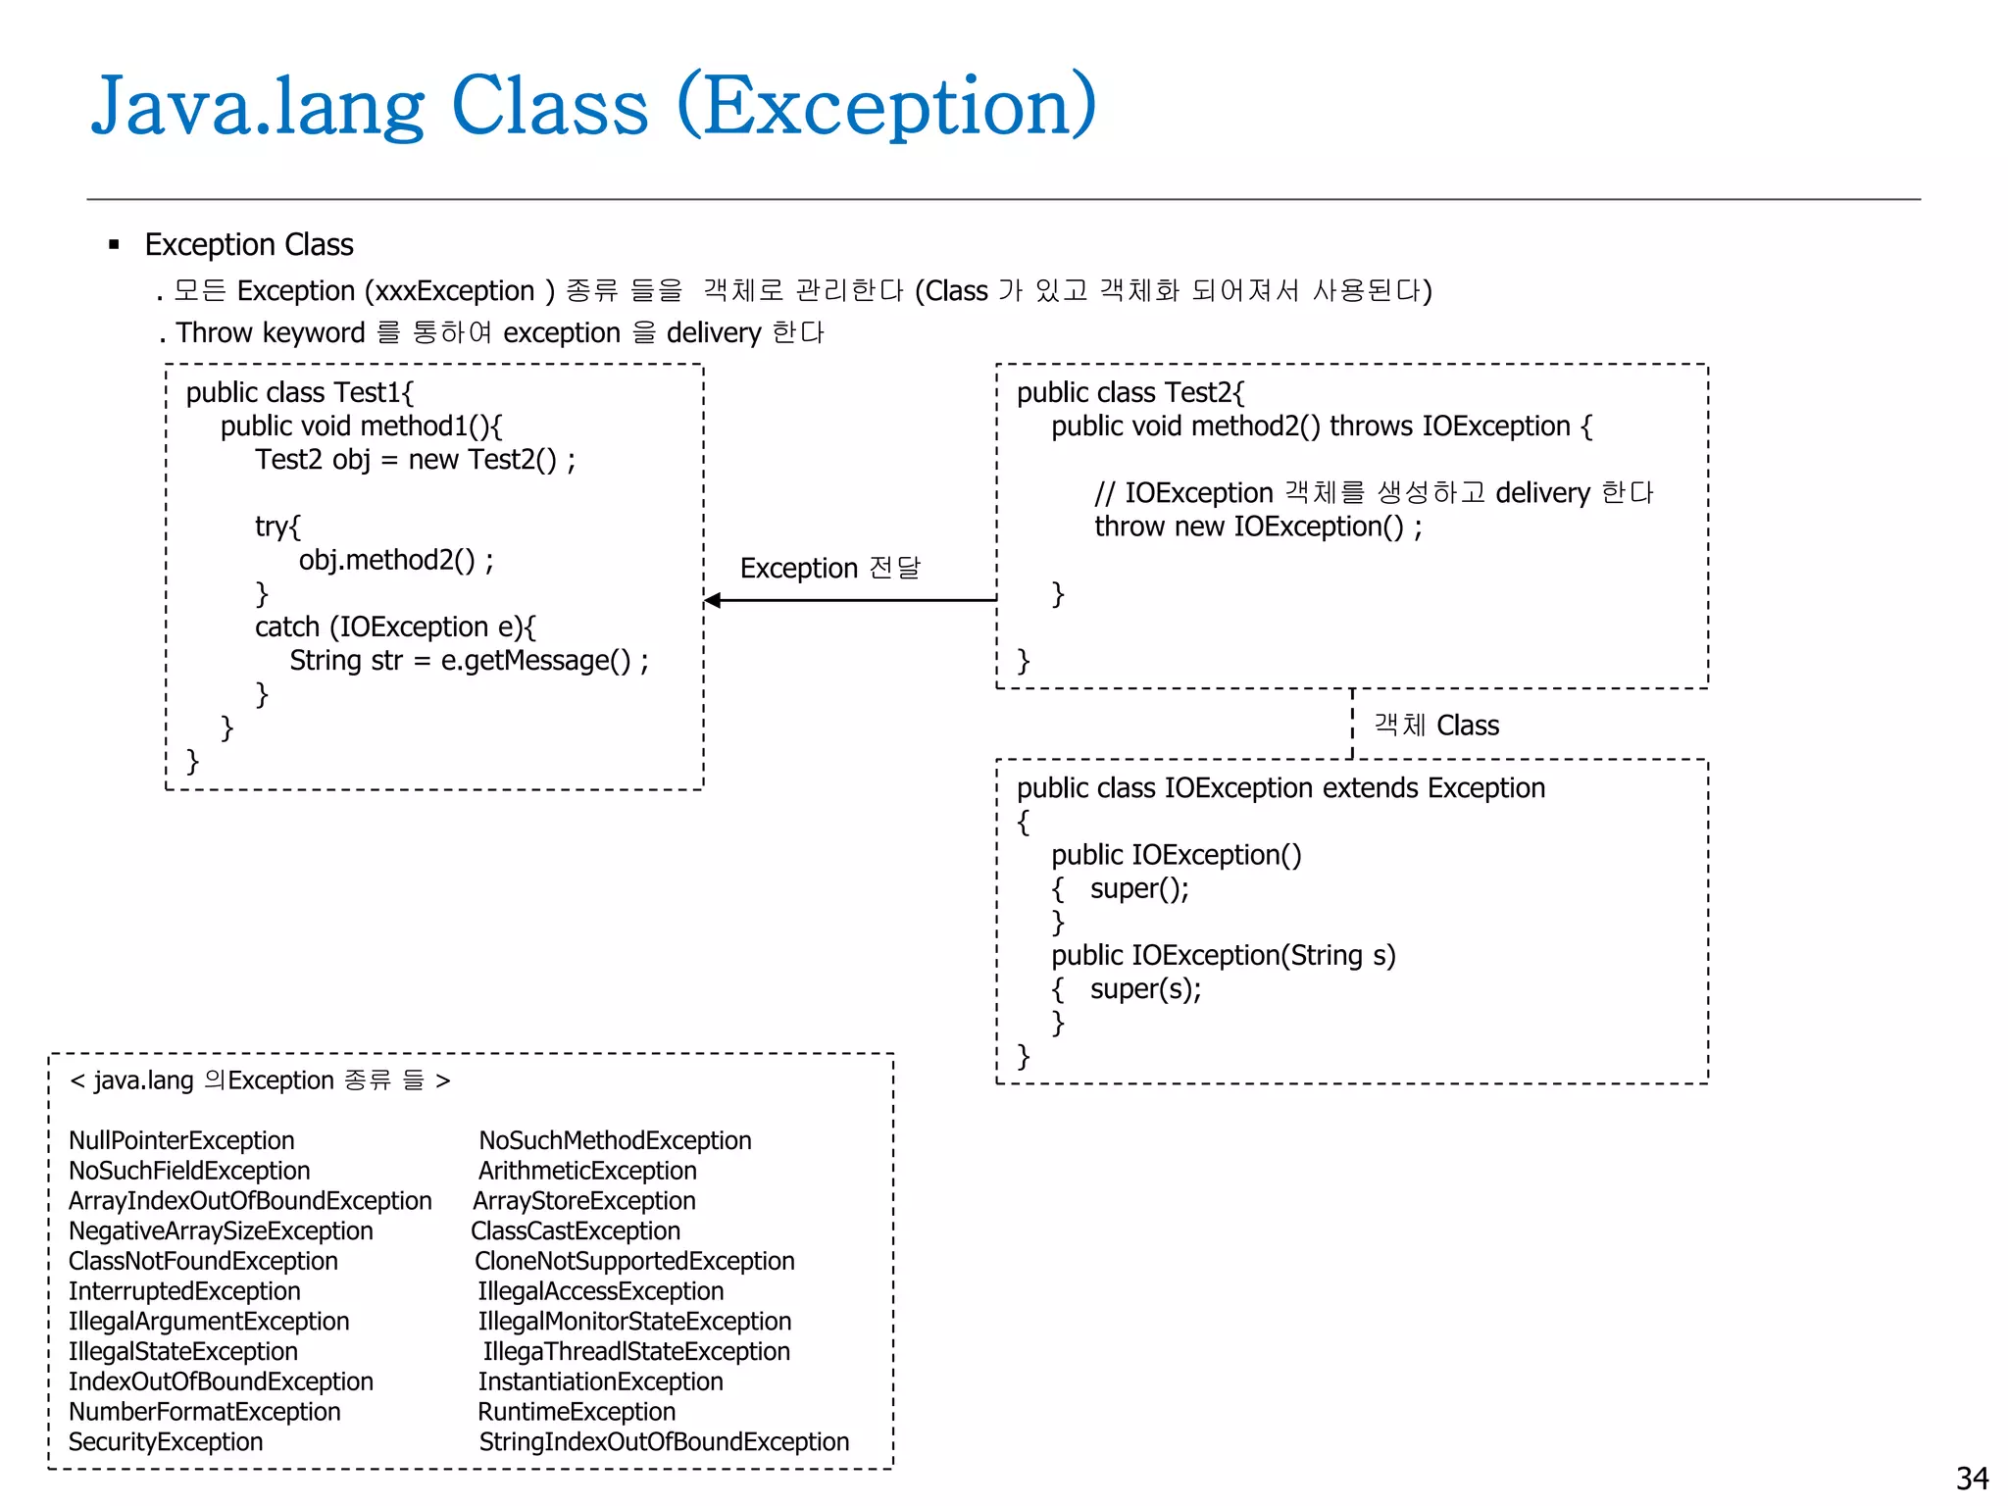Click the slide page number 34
1972,1478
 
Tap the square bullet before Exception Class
115,244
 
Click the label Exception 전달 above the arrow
829,568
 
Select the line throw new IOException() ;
1258,527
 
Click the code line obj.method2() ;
396,560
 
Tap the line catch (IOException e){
395,627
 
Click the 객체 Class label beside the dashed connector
1436,726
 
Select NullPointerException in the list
181,1140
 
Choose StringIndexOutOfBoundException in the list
664,1441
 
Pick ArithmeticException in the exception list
587,1171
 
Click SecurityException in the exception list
166,1441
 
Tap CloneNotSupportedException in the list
634,1261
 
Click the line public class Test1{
300,392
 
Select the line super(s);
1145,988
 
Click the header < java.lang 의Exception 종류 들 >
260,1080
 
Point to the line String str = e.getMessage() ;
469,661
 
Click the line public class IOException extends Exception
1280,788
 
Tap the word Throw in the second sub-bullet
215,333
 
